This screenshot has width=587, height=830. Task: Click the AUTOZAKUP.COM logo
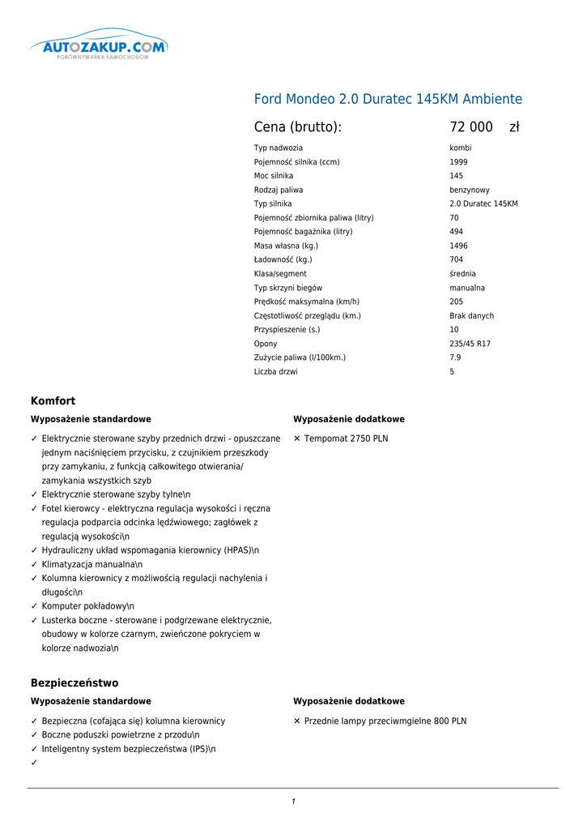98,47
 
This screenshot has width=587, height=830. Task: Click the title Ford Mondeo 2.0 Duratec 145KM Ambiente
388,100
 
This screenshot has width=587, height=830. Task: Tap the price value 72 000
471,127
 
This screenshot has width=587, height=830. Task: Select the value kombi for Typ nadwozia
460,148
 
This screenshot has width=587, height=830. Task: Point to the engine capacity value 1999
458,162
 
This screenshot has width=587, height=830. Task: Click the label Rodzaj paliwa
279,190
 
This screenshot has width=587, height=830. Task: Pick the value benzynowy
470,190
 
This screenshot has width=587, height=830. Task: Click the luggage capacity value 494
457,232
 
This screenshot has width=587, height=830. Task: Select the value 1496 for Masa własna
458,246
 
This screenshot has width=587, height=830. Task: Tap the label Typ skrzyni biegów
287,288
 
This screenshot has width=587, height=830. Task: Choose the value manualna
467,288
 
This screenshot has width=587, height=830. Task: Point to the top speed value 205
457,302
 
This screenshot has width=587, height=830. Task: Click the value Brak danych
471,316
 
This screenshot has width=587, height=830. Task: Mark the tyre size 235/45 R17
470,344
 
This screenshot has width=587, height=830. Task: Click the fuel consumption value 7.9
455,357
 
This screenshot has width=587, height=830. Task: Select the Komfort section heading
53,401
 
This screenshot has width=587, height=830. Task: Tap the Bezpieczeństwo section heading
74,683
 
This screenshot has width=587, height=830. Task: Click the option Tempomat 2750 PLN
346,439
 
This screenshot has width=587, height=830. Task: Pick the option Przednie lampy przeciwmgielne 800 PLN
385,721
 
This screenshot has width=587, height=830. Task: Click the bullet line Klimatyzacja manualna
91,564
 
